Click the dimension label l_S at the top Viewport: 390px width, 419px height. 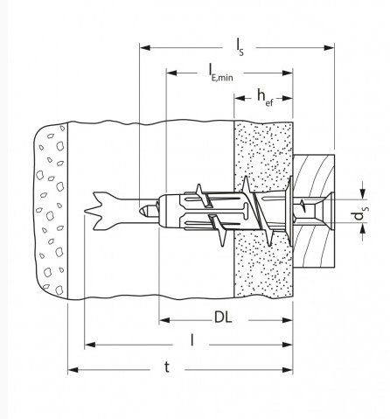(240, 47)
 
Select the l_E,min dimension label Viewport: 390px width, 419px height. (220, 73)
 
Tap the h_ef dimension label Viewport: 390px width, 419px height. (265, 98)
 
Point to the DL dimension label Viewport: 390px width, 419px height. (223, 318)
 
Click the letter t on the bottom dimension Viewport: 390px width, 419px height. (167, 367)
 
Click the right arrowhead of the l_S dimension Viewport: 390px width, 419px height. (330, 47)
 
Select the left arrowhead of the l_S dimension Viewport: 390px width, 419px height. (145, 47)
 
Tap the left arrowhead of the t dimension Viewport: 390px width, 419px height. (73, 370)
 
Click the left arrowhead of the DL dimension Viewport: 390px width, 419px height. (164, 320)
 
